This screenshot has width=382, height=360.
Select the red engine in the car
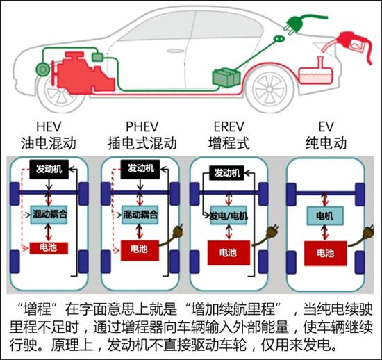click(84, 73)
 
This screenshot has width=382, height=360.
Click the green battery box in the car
click(226, 77)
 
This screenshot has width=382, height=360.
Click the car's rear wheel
click(269, 90)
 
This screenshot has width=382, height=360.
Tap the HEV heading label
click(49, 126)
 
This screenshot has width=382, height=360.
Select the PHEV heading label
click(142, 126)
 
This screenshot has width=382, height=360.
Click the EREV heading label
click(229, 126)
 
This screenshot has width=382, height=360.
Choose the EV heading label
click(326, 126)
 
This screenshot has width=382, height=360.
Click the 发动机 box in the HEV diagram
click(49, 169)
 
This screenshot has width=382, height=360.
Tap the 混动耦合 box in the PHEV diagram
click(140, 215)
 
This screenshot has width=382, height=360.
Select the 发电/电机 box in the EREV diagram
click(229, 215)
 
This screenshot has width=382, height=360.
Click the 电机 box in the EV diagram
click(325, 215)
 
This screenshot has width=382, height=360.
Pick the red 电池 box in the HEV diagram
click(49, 248)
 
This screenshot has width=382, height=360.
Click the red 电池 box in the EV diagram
click(326, 254)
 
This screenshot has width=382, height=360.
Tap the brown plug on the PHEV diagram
click(177, 233)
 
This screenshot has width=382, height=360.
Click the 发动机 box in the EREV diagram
click(226, 173)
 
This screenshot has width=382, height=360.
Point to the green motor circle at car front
click(43, 69)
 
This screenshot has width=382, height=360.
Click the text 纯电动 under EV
click(326, 143)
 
